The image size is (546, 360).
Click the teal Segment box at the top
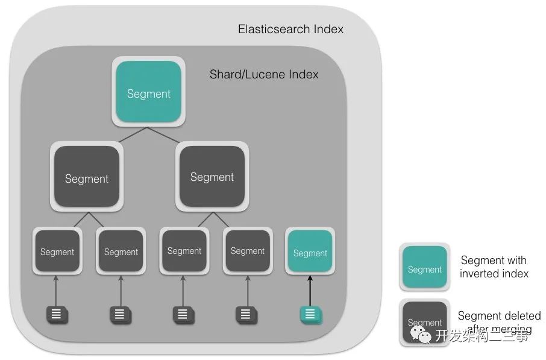pyautogui.click(x=148, y=93)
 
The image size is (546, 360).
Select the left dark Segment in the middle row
pyautogui.click(x=87, y=178)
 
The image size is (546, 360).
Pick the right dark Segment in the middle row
pyautogui.click(x=212, y=177)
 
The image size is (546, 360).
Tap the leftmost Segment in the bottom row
pyautogui.click(x=57, y=251)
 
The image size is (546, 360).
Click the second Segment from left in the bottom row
pyautogui.click(x=121, y=251)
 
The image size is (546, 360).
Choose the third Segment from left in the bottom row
pyautogui.click(x=184, y=250)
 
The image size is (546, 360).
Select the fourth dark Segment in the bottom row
pyautogui.click(x=248, y=250)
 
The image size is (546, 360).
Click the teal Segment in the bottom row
pyautogui.click(x=310, y=253)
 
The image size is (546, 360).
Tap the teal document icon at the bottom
pyautogui.click(x=310, y=314)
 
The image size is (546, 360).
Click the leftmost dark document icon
pyautogui.click(x=57, y=314)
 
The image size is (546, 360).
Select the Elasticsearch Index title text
pyautogui.click(x=290, y=29)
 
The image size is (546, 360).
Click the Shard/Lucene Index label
pyautogui.click(x=264, y=74)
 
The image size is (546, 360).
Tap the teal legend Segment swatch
pyautogui.click(x=424, y=269)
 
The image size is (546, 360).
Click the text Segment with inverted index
pyautogui.click(x=494, y=267)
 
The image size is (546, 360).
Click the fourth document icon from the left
pyautogui.click(x=245, y=314)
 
